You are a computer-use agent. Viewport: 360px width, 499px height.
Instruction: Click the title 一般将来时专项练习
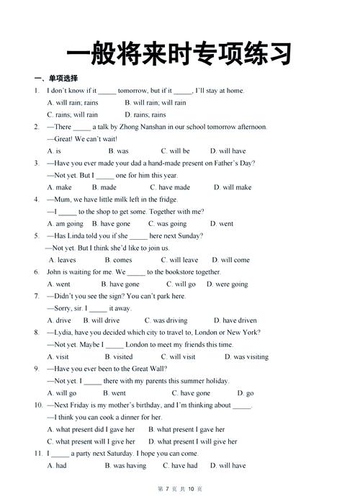(179, 53)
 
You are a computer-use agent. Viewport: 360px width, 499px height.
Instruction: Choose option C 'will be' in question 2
(175, 151)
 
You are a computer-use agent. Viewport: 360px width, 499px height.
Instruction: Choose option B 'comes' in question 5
(118, 260)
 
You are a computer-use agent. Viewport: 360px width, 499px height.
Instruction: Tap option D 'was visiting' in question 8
(246, 356)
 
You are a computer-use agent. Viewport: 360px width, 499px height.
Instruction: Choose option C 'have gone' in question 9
(191, 393)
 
